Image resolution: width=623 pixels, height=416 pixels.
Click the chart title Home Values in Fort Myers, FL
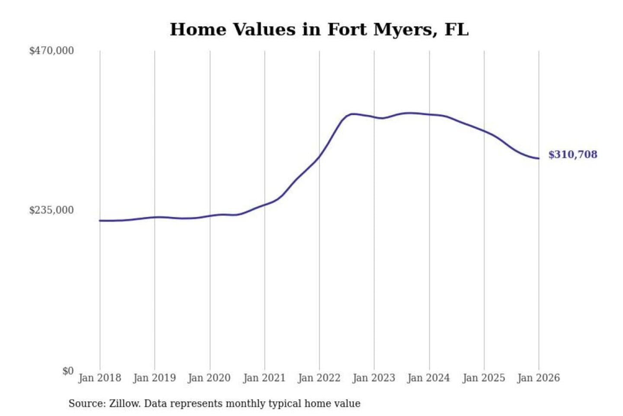(319, 29)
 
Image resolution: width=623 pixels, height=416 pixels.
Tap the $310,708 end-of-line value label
(572, 155)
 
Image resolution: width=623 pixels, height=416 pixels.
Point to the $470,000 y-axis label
(51, 51)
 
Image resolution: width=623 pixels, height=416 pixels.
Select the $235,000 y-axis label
(51, 210)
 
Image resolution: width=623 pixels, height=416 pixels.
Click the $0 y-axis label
(68, 371)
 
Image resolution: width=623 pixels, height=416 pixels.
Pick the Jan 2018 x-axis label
(100, 378)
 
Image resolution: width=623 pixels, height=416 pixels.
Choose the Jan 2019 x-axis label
(154, 378)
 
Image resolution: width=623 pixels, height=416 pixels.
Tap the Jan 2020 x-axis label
(209, 378)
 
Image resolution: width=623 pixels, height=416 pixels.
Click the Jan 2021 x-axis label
(264, 378)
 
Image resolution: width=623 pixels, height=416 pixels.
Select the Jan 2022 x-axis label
(319, 378)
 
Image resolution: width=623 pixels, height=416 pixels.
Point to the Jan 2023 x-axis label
(374, 378)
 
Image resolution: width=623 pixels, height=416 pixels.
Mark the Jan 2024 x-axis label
(429, 378)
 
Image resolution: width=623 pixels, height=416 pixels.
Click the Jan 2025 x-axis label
(484, 378)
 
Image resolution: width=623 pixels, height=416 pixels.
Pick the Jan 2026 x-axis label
(539, 378)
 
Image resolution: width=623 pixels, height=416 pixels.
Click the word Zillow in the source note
(124, 403)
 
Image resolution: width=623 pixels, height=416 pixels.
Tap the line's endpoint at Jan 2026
(539, 159)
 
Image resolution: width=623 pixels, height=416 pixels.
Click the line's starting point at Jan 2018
(100, 221)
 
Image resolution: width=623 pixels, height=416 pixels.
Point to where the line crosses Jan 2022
(319, 156)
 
